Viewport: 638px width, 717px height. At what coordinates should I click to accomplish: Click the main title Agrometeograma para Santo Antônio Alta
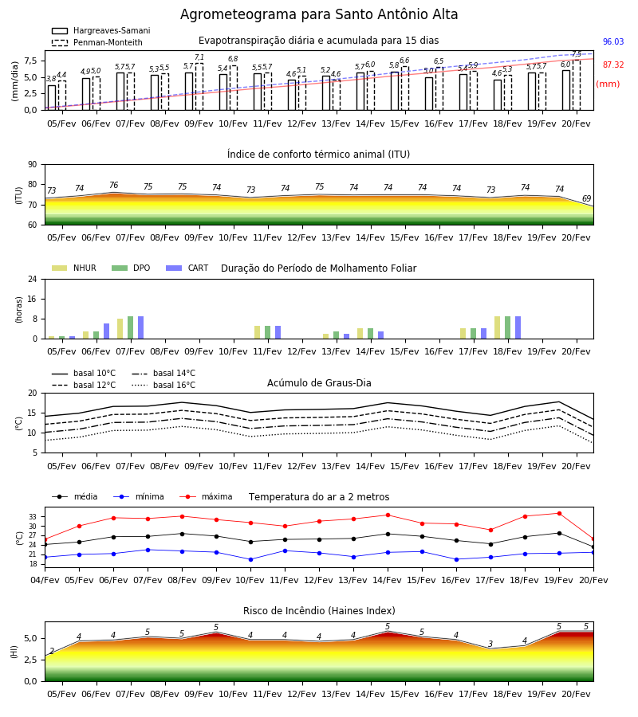coord(319,14)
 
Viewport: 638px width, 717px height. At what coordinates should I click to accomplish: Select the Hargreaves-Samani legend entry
coord(100,30)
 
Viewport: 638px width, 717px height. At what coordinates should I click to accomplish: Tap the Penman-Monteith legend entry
coord(97,42)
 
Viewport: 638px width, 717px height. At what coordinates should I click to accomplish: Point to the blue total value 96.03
coord(613,41)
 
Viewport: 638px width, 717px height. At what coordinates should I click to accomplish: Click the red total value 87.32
coord(613,65)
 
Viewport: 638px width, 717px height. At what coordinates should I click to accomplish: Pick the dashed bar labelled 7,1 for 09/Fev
coord(199,87)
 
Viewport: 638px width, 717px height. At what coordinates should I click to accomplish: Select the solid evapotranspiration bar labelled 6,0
coord(566,90)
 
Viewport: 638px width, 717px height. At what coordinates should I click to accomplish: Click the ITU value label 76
coord(114,185)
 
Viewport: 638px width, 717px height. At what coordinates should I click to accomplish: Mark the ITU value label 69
coord(587,198)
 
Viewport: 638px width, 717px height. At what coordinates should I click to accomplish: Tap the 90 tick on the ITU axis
coord(33,165)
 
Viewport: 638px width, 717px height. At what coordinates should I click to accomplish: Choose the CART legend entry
coord(187,268)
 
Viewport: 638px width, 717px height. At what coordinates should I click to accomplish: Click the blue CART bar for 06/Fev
coord(107,331)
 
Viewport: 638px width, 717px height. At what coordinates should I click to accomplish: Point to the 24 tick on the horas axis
coord(33,279)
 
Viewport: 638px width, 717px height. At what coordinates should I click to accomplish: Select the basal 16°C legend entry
coord(163,385)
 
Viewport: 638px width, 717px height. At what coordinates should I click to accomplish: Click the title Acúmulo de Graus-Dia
coord(319,383)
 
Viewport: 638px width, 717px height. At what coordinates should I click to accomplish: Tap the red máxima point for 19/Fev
coord(559,514)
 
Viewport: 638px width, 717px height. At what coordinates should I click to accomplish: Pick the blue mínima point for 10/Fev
coord(250,559)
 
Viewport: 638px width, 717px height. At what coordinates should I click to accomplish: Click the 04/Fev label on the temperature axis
coord(45,580)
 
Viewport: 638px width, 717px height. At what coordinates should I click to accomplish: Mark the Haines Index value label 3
coord(490,644)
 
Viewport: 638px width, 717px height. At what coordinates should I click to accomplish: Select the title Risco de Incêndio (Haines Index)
coord(319,611)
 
